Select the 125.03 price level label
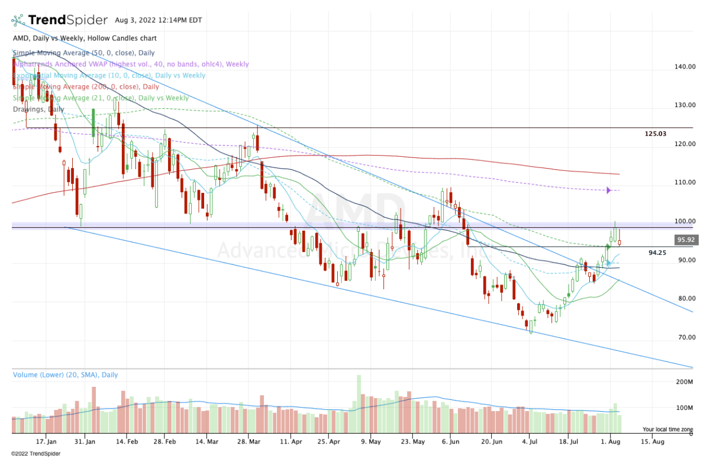(x=655, y=134)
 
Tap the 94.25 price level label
(x=657, y=252)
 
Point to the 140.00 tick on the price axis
(x=685, y=67)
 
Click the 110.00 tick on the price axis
(x=685, y=182)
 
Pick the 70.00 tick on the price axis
(x=685, y=337)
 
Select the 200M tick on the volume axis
(x=685, y=382)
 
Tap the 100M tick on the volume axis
(x=685, y=408)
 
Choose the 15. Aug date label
(x=650, y=441)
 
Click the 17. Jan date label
(x=46, y=441)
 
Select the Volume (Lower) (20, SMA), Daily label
(x=65, y=375)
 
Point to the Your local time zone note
(x=668, y=429)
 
